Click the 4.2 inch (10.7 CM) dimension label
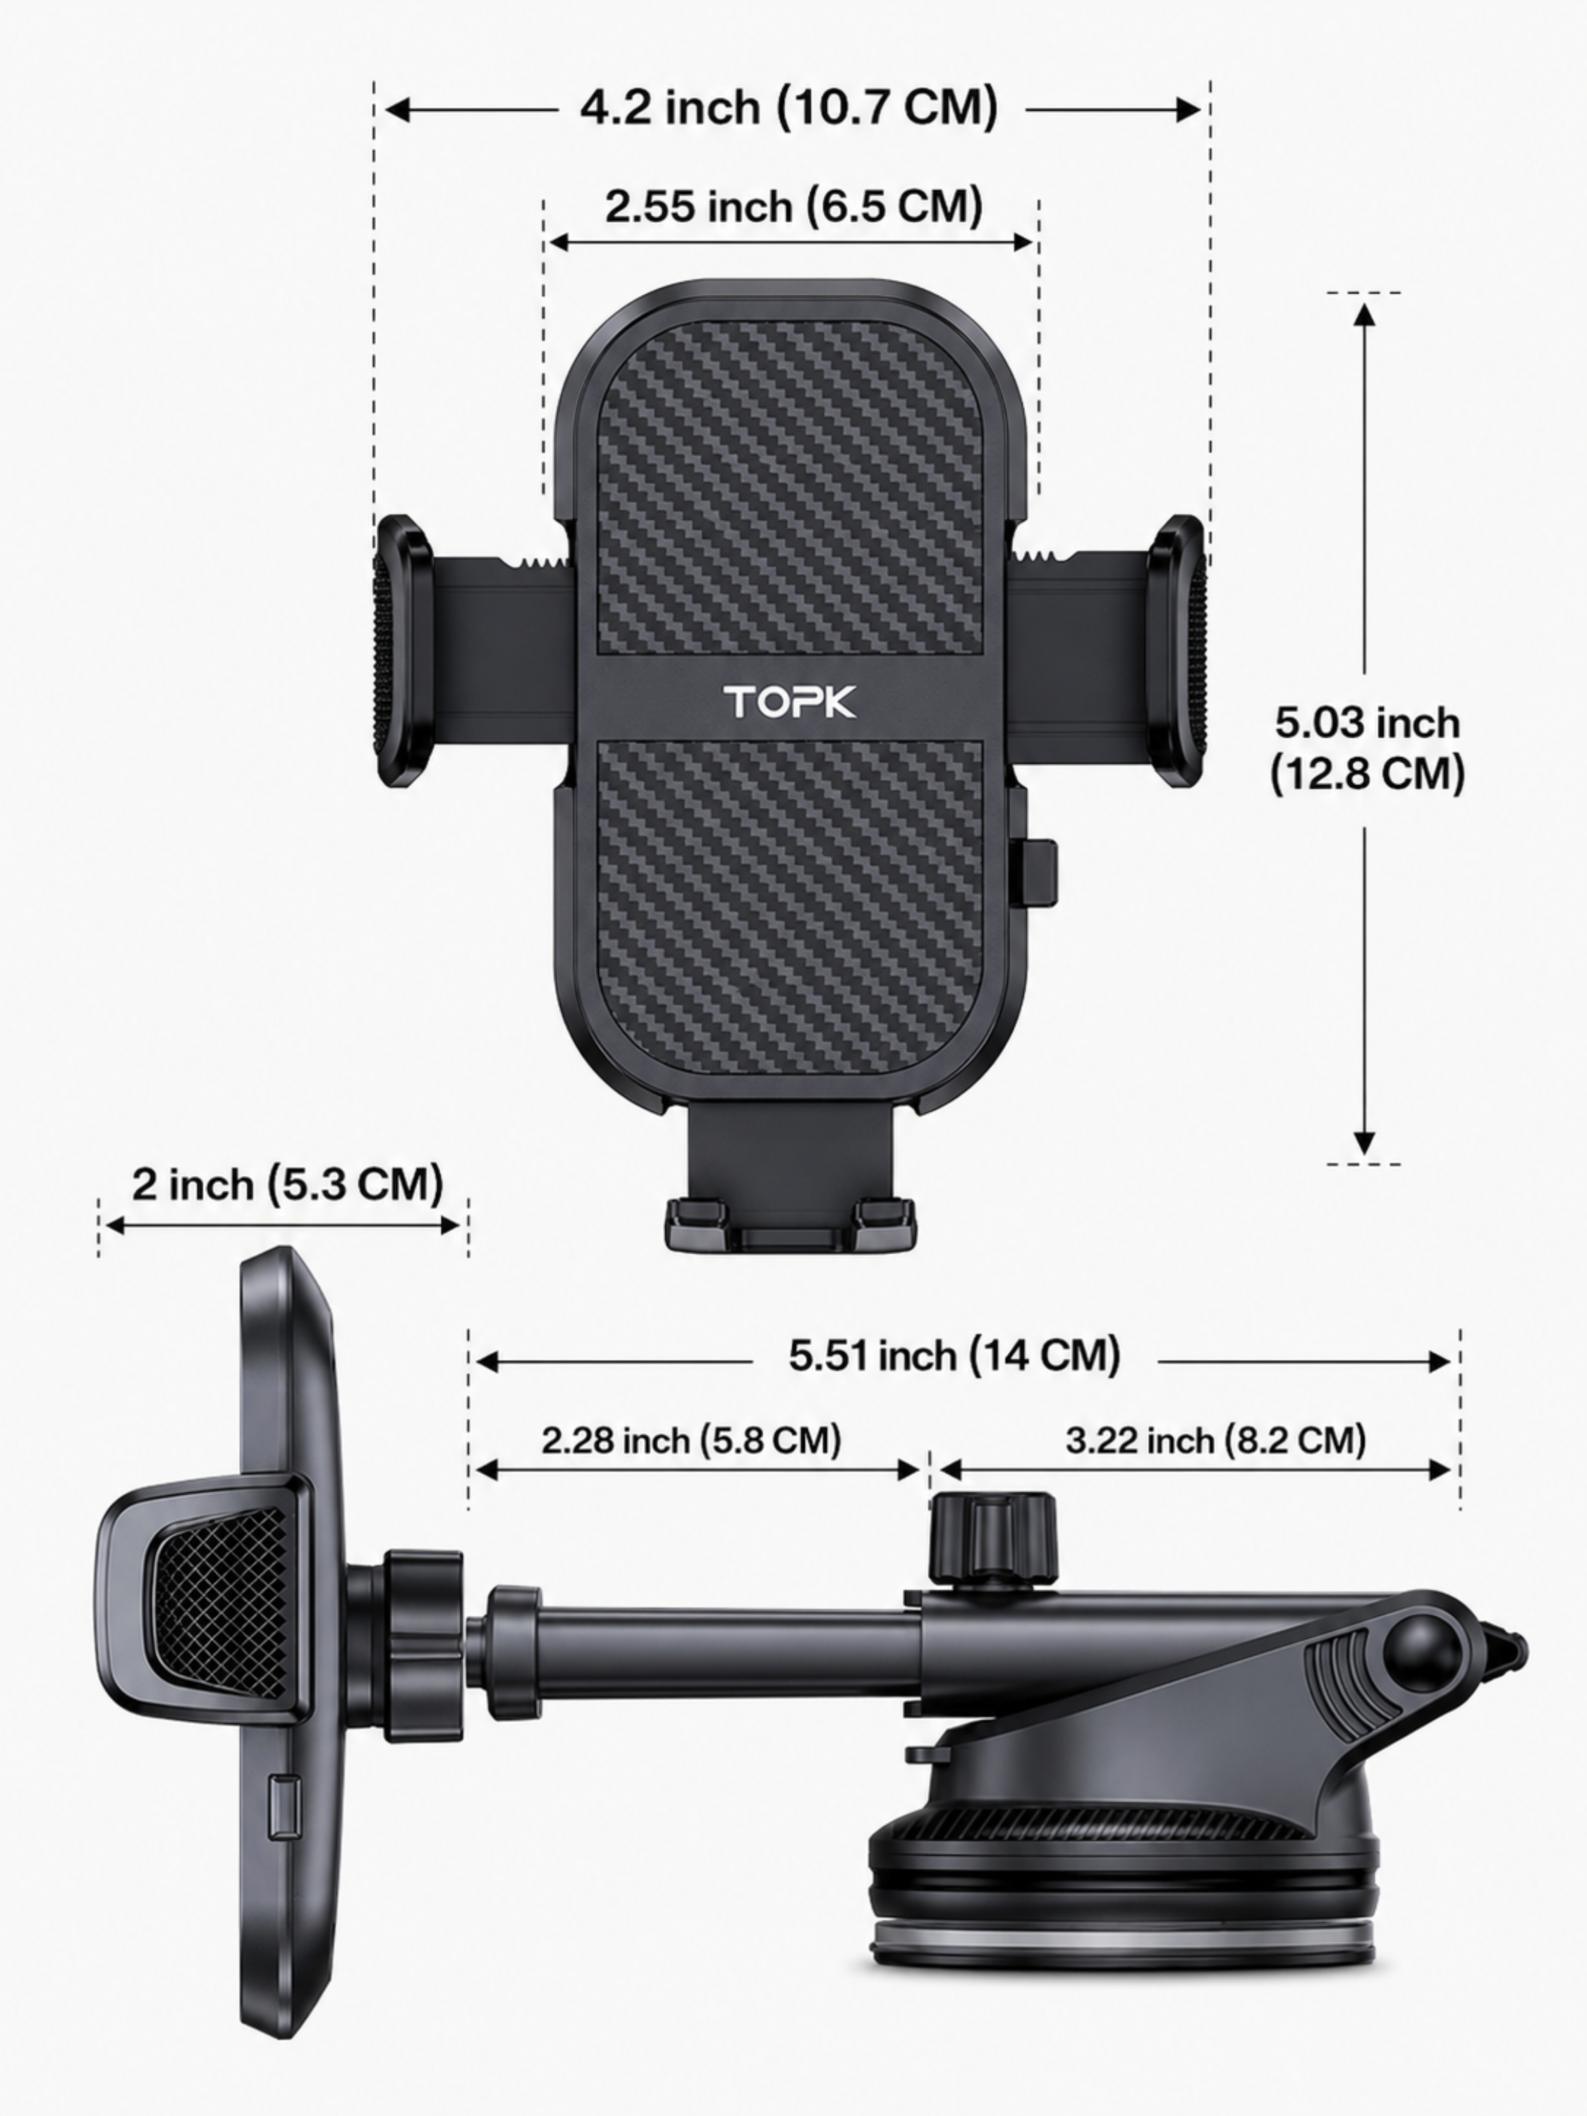[789, 107]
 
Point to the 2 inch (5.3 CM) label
[287, 1184]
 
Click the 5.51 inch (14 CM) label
[954, 1356]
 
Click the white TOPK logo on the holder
[790, 701]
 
